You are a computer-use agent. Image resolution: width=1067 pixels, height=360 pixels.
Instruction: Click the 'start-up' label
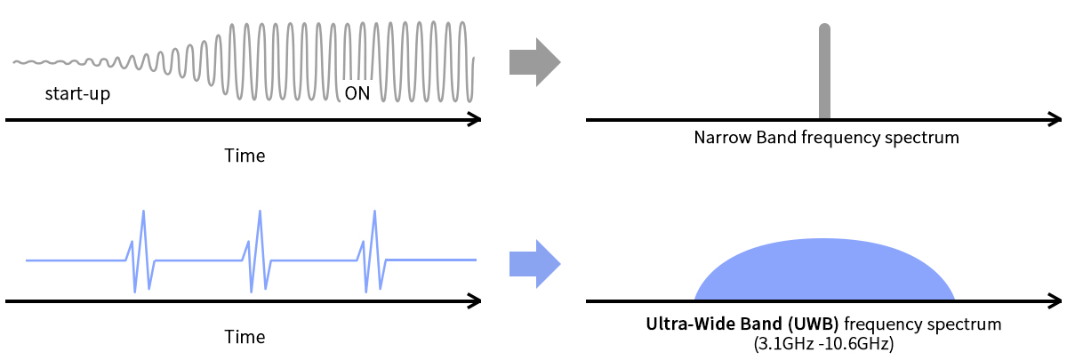click(x=77, y=93)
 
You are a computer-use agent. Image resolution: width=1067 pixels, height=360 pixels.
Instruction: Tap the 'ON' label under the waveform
click(x=357, y=93)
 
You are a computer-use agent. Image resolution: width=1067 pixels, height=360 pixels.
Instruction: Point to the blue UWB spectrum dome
click(x=824, y=271)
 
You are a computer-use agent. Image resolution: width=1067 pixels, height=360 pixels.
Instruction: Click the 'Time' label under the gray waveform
click(x=245, y=156)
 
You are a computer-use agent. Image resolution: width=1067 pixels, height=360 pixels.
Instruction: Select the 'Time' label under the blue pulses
click(x=245, y=337)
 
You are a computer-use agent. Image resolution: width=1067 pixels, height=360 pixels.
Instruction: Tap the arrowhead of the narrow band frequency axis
click(x=1055, y=119)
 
